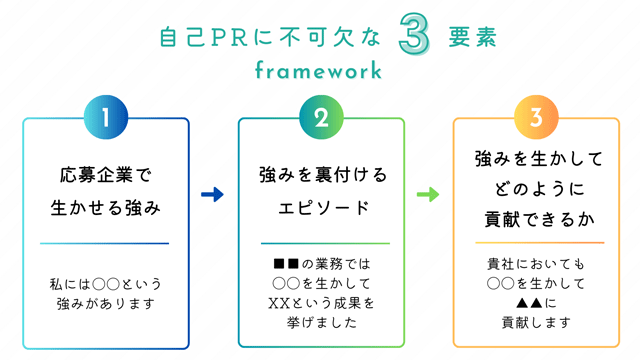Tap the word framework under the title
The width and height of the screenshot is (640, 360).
click(318, 71)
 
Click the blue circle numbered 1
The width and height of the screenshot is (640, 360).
click(105, 118)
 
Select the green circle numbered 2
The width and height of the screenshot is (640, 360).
click(321, 118)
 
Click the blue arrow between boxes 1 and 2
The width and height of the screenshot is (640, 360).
click(212, 195)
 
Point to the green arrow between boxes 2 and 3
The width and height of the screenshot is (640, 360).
click(428, 195)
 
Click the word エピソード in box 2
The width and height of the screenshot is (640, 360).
click(321, 209)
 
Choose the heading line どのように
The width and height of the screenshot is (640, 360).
click(536, 189)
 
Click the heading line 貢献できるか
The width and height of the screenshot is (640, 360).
click(536, 220)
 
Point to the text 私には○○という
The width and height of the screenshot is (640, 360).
click(105, 283)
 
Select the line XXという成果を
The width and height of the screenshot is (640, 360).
click(321, 303)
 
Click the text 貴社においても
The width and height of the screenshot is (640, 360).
click(536, 264)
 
